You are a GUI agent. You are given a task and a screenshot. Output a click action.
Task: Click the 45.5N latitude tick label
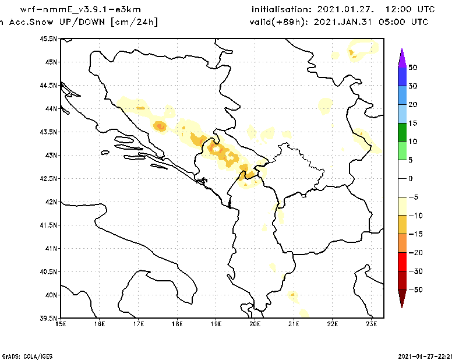click(50, 38)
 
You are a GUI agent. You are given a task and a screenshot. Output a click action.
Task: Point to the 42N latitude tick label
click(51, 202)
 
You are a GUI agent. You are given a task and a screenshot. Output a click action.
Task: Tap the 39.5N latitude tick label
click(50, 318)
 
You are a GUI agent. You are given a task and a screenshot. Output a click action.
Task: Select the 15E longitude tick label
click(61, 324)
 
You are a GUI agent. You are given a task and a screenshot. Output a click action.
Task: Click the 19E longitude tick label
click(216, 324)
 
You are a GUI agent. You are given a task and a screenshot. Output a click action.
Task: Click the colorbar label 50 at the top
click(412, 67)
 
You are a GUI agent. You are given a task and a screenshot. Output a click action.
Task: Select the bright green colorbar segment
click(402, 150)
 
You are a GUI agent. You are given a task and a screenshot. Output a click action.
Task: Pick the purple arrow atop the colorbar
click(402, 57)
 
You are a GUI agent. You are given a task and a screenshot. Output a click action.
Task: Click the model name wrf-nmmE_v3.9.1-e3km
click(80, 10)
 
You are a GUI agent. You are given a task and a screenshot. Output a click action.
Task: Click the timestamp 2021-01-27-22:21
click(428, 355)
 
